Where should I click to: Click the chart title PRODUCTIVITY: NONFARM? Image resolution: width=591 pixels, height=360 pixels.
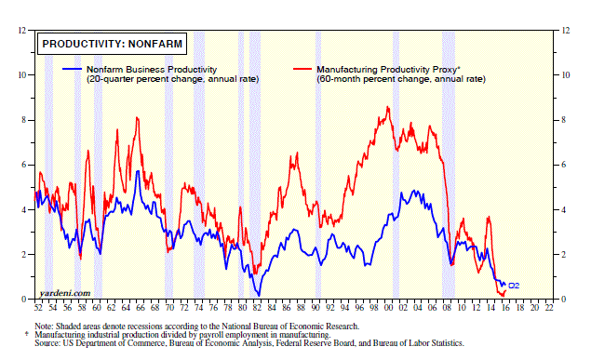click(112, 44)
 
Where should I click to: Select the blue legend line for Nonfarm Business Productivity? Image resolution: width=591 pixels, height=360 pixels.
click(72, 69)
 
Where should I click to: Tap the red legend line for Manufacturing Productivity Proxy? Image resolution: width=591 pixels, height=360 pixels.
click(302, 69)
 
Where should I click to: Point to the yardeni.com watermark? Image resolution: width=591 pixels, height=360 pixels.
click(65, 293)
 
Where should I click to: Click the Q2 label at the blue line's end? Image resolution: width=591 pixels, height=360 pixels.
click(514, 286)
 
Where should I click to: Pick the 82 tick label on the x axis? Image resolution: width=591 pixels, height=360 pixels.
click(257, 308)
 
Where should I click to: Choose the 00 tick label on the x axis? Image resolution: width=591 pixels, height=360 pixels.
click(388, 308)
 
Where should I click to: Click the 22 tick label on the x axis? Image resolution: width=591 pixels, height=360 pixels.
click(549, 308)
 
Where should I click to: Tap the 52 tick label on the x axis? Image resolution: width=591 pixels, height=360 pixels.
click(38, 308)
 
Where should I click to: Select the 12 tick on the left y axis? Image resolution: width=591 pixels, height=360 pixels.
click(21, 30)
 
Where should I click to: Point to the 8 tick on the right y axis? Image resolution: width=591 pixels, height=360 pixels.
click(563, 120)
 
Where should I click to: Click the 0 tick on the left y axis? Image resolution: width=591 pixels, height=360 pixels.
click(24, 300)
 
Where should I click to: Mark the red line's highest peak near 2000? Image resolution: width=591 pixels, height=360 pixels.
click(388, 107)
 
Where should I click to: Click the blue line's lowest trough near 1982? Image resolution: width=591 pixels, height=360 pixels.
click(259, 296)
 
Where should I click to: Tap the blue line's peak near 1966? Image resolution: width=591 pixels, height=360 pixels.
click(138, 171)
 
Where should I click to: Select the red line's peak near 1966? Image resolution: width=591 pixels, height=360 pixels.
click(137, 118)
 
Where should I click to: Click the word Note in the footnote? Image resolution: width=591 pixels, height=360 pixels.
click(43, 327)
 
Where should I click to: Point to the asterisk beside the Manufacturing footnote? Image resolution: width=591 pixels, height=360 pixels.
click(26, 334)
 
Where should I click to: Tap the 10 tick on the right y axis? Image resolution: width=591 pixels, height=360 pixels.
click(565, 75)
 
